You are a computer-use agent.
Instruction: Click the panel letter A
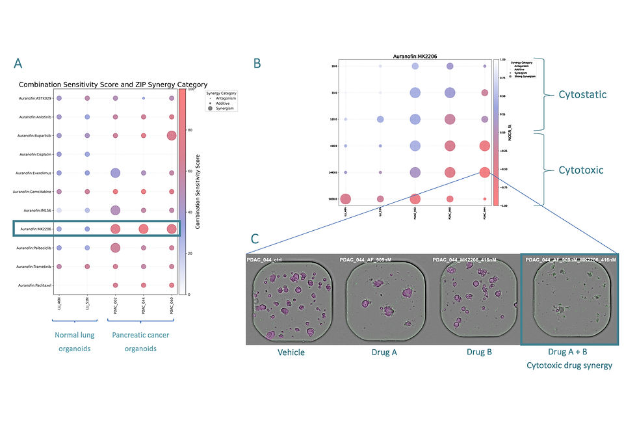[x=18, y=63]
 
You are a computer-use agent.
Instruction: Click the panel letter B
[x=257, y=63]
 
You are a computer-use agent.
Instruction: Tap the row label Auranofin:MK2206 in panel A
[x=36, y=229]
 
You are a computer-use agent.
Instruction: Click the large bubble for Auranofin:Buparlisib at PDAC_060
[x=172, y=135]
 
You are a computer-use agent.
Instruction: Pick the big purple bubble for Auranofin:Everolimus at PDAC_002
[x=115, y=173]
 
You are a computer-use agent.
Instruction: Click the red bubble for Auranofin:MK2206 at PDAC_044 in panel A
[x=143, y=229]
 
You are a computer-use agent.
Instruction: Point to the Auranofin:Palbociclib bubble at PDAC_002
[x=115, y=248]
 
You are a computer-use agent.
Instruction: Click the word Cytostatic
[x=582, y=94]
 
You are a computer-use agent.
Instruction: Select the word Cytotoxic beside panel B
[x=580, y=169]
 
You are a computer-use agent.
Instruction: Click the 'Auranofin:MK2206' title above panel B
[x=416, y=57]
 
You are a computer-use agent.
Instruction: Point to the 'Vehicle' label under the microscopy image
[x=290, y=352]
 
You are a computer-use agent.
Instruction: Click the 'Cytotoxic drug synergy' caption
[x=569, y=365]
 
